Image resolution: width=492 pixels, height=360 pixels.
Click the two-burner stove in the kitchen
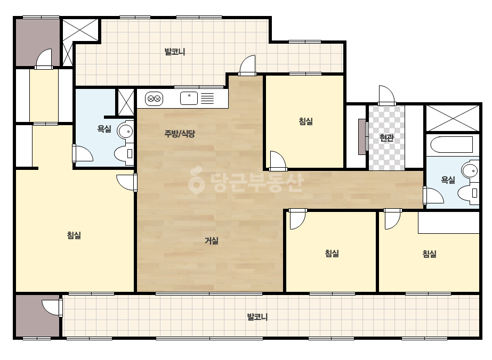pos(154,99)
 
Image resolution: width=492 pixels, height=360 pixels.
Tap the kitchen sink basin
pos(189,98)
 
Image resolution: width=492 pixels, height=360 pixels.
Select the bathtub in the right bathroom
pos(451,145)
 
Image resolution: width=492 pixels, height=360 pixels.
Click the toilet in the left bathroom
pos(124,154)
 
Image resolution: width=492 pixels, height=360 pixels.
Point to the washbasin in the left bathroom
pos(125,132)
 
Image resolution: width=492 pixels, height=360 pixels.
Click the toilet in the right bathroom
pos(468,193)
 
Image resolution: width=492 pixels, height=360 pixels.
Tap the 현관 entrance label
pos(386,138)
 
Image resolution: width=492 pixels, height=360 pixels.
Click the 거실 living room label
pos(212,241)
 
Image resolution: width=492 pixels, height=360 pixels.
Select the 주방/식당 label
pos(180,134)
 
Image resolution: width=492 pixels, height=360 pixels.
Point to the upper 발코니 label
pos(175,52)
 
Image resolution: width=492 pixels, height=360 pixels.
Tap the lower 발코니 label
pos(257,317)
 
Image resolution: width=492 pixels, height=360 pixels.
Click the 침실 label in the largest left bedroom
pos(74,235)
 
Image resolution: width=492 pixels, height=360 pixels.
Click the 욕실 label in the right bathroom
pos(448,179)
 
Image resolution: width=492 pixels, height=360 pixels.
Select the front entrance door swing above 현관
pos(386,95)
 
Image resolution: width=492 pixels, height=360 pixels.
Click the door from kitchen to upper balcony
pos(247,66)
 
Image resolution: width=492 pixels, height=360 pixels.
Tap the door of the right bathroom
pos(433,195)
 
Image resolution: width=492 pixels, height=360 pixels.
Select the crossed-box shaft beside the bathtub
pos(453,118)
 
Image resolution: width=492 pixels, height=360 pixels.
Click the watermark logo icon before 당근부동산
pos(196,180)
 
